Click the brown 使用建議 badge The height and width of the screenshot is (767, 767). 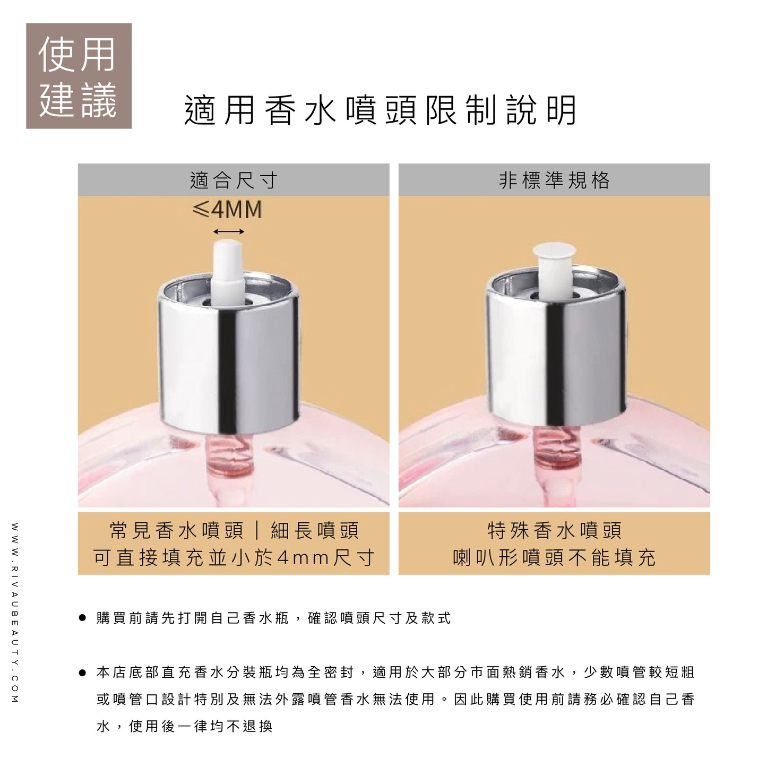pyautogui.click(x=79, y=75)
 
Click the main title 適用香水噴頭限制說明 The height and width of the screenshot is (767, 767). pyautogui.click(x=381, y=110)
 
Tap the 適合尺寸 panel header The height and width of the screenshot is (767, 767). pyautogui.click(x=234, y=180)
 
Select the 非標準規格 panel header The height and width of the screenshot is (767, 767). pyautogui.click(x=554, y=180)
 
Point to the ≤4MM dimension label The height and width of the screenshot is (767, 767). pyautogui.click(x=227, y=209)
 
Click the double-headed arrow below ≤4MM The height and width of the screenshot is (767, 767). pyautogui.click(x=228, y=231)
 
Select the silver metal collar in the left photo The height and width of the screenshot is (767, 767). pyautogui.click(x=229, y=352)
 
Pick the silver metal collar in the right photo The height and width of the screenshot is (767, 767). pyautogui.click(x=556, y=346)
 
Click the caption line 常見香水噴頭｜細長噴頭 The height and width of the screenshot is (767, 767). pyautogui.click(x=234, y=531)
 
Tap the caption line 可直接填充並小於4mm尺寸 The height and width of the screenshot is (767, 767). pyautogui.click(x=234, y=557)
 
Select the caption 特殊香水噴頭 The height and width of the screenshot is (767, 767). pyautogui.click(x=555, y=531)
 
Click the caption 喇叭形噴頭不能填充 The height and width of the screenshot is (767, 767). pyautogui.click(x=555, y=557)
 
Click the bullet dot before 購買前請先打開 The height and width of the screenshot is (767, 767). pyautogui.click(x=82, y=618)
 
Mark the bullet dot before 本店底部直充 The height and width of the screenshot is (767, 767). pyautogui.click(x=82, y=673)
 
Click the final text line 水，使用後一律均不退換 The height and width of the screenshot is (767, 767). pyautogui.click(x=185, y=727)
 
